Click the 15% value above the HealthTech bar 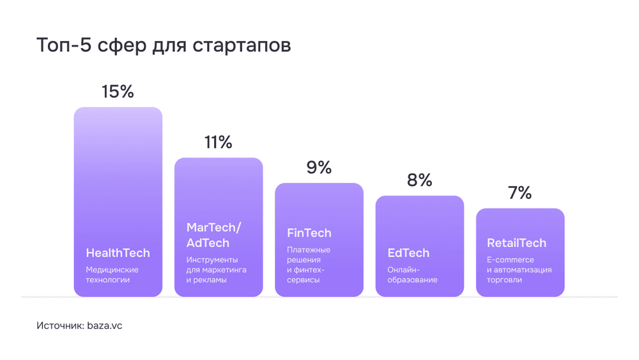tap(118, 91)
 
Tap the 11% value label tap(218, 142)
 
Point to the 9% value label tap(319, 168)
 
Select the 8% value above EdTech tap(419, 180)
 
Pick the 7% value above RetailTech tap(520, 192)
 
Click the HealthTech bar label tap(118, 253)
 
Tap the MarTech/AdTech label tap(213, 235)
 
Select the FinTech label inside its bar tap(309, 233)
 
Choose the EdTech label tap(408, 253)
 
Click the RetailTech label tap(516, 243)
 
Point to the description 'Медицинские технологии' tap(112, 274)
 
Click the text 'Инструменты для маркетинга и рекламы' tap(216, 269)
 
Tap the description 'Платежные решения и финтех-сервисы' tap(309, 265)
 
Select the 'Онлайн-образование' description tap(412, 274)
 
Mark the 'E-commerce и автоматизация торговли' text tap(519, 269)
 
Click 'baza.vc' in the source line tap(104, 325)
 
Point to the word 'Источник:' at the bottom tap(60, 325)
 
